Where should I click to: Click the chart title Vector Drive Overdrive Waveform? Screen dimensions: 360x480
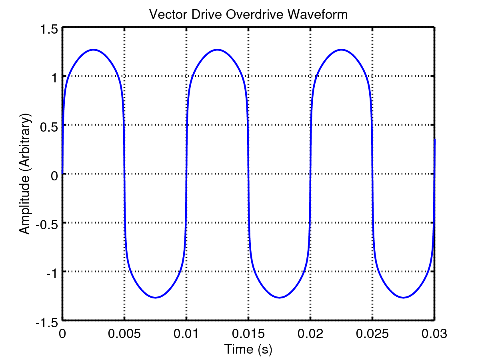[x=248, y=15]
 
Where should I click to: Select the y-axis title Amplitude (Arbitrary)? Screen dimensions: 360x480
[x=25, y=175]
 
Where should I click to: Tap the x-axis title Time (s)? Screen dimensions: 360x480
[x=248, y=349]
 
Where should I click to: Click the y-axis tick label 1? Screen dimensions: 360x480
[x=54, y=76]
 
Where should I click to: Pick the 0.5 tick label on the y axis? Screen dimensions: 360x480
[x=49, y=125]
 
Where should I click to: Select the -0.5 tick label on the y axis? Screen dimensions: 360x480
[x=48, y=223]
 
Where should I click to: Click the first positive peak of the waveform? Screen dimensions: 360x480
[x=94, y=50]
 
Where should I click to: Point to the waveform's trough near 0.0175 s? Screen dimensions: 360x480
[x=279, y=298]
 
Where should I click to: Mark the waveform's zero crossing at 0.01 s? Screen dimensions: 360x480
[x=186, y=174]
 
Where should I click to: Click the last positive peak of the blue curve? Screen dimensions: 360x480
[x=341, y=50]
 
